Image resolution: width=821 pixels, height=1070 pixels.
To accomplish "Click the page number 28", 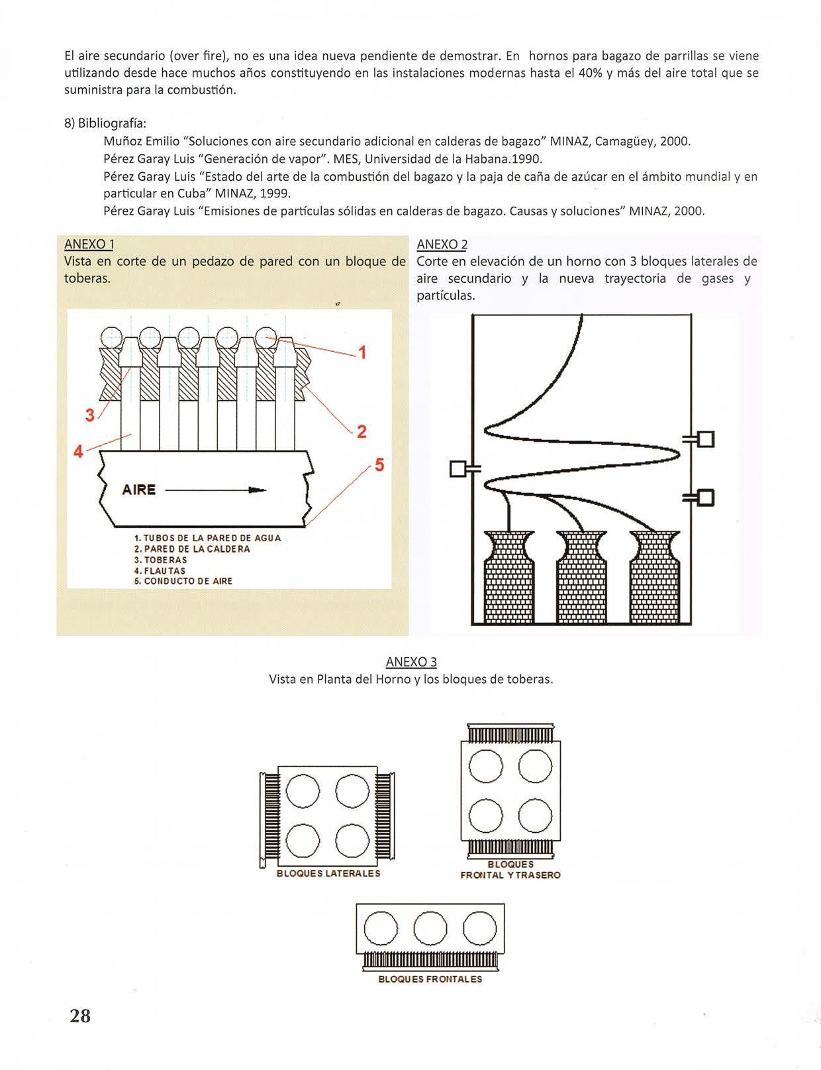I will coord(80,1016).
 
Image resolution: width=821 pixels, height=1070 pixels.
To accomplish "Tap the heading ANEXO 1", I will coord(89,244).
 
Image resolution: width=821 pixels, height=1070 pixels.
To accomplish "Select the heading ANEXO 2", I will coord(442,244).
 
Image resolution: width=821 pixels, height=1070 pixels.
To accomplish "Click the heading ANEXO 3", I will coord(411,662).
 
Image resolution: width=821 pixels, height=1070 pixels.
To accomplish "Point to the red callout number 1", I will coord(362,352).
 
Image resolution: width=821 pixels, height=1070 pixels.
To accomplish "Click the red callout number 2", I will coord(362,432).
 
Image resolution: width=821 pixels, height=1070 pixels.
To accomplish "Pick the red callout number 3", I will coord(91,415).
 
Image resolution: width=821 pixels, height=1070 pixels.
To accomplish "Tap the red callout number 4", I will coord(78,452).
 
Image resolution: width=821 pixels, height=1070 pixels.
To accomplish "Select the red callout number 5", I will coord(379,464).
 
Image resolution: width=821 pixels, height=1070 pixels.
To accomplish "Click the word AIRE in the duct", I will coord(139,490).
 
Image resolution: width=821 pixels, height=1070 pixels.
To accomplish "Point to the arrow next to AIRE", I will coord(215,490).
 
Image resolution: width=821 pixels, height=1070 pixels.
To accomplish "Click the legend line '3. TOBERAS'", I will coord(160,560).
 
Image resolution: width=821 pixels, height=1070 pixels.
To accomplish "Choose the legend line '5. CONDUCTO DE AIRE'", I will coord(183,581).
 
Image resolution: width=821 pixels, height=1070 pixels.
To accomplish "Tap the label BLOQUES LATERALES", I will coord(328,873).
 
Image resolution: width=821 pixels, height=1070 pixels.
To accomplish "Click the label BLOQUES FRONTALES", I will coord(430,979).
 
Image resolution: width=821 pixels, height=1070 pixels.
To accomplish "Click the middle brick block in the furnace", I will coord(581,576).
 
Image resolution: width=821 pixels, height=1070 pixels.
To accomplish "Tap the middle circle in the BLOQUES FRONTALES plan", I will coord(430,928).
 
